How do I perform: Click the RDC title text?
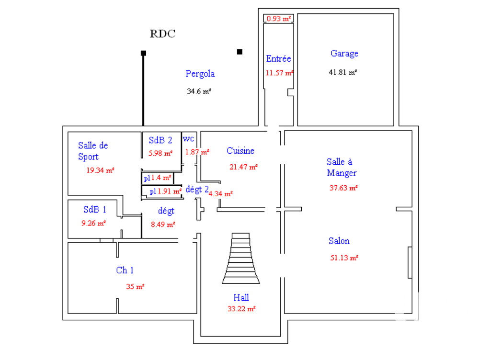click(162, 34)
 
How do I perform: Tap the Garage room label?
click(344, 54)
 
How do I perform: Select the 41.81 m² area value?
click(343, 72)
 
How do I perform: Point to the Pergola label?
click(200, 74)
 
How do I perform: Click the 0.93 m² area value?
click(279, 19)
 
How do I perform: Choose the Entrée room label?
click(278, 58)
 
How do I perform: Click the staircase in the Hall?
click(241, 259)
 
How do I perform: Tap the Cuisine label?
click(240, 150)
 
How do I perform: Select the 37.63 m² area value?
click(343, 188)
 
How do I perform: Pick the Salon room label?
click(339, 241)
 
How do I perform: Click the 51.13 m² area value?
click(344, 258)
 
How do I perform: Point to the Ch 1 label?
click(125, 270)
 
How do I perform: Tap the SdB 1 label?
click(95, 210)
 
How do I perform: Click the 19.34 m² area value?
click(100, 170)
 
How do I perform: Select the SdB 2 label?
click(160, 140)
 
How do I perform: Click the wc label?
click(188, 139)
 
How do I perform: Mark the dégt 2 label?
click(197, 190)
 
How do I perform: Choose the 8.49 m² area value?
click(163, 225)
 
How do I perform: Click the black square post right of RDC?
click(239, 52)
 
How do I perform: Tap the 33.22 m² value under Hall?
click(241, 309)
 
